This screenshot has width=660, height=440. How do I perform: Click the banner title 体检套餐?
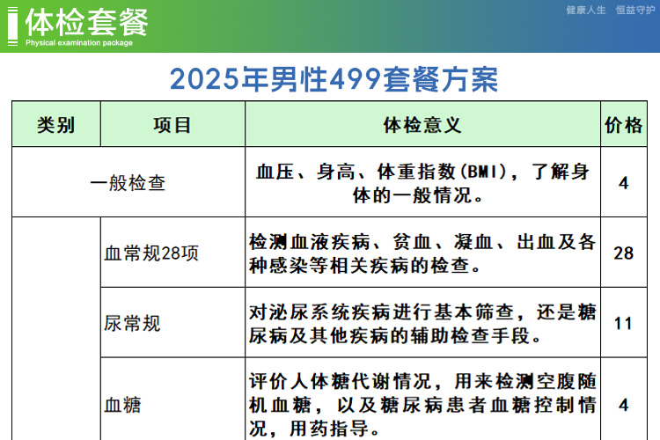[x=87, y=23]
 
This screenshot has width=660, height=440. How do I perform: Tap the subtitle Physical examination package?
[x=79, y=42]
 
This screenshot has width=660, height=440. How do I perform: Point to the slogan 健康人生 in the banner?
[x=586, y=10]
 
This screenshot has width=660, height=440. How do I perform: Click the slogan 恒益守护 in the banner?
[x=635, y=10]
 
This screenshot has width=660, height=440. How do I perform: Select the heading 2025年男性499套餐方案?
[x=334, y=79]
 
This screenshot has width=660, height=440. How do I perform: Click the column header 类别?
[x=56, y=125]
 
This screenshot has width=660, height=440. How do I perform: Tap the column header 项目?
[x=172, y=125]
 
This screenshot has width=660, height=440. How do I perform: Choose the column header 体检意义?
[x=422, y=125]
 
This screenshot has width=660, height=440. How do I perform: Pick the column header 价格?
[x=623, y=125]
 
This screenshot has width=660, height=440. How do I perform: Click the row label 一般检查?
[x=128, y=183]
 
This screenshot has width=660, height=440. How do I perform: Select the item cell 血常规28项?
[x=151, y=253]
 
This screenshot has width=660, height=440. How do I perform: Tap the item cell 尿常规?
[x=132, y=323]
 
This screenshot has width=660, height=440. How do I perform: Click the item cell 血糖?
[x=122, y=405]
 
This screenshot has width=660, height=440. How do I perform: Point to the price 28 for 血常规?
[x=623, y=253]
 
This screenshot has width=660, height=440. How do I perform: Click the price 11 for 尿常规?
[x=623, y=323]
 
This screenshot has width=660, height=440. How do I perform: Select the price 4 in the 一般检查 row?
[x=623, y=183]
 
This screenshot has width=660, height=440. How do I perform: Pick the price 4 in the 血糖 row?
[x=623, y=405]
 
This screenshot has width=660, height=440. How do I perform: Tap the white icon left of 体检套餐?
[x=12, y=26]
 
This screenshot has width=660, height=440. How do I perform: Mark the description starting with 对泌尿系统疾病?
[x=422, y=324]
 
